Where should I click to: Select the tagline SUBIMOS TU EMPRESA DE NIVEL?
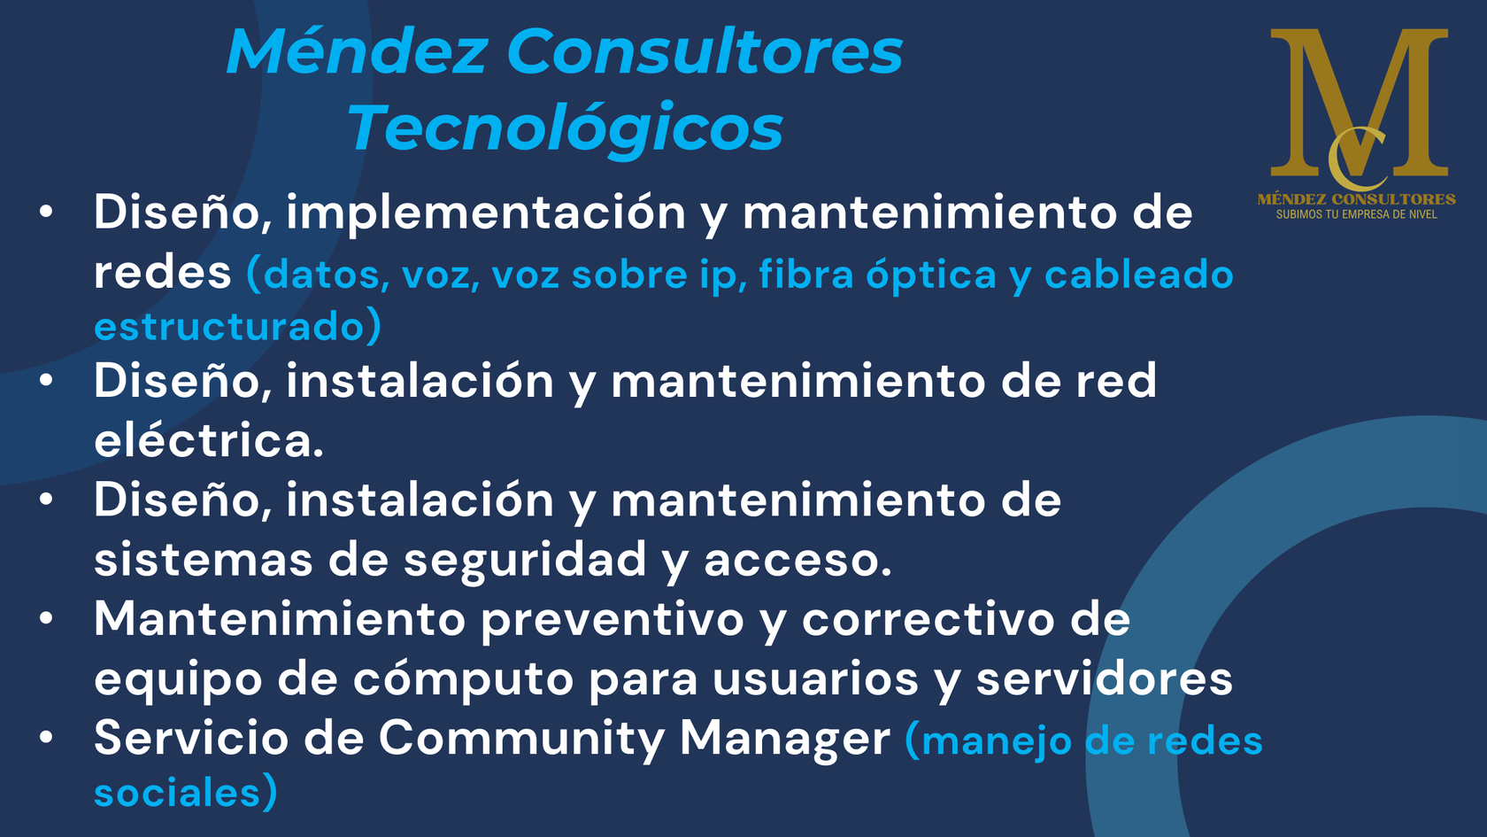pos(1356,214)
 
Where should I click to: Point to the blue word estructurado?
pos(230,326)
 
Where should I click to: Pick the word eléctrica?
pos(209,439)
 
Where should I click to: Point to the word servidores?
pos(1104,678)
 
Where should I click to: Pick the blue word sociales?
pos(177,793)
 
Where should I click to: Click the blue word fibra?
pos(805,274)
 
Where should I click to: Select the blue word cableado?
pos(1138,274)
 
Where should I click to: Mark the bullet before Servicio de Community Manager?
pos(46,737)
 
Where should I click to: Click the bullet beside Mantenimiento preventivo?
pos(46,618)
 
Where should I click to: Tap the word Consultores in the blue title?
pos(705,51)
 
